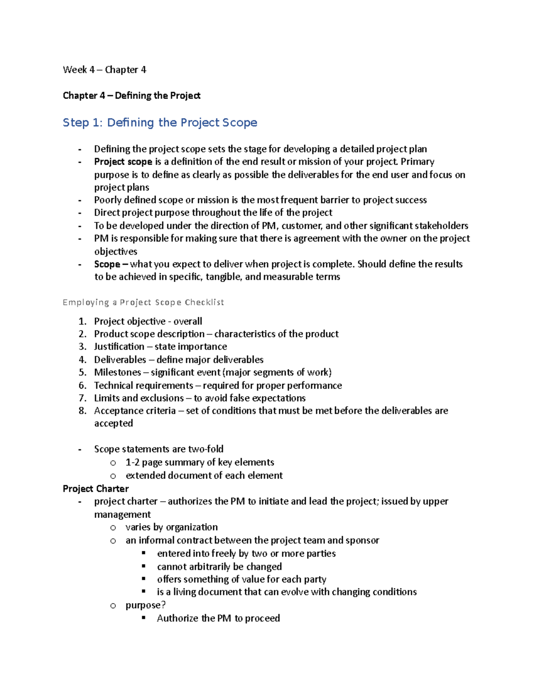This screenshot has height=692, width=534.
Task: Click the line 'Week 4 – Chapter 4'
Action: click(x=105, y=70)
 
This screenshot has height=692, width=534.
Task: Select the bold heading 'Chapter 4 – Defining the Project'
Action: click(x=132, y=95)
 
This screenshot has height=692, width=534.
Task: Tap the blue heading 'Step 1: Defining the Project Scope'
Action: click(x=160, y=123)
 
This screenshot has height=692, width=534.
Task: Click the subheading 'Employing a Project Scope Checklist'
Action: click(x=143, y=302)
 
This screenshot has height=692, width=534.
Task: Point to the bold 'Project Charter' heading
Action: click(x=96, y=488)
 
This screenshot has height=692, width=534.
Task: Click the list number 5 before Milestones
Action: click(x=82, y=373)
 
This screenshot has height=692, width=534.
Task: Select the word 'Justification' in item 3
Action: click(x=119, y=347)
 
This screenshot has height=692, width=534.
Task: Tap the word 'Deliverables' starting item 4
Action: click(x=120, y=360)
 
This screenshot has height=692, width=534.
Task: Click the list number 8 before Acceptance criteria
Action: click(x=82, y=411)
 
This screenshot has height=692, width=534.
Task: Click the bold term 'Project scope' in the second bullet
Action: click(x=123, y=162)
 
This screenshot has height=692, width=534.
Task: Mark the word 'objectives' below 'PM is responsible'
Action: click(x=116, y=251)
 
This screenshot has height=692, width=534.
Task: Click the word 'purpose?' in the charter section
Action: click(x=146, y=605)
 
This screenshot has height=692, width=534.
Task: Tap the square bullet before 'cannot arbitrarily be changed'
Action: click(x=144, y=566)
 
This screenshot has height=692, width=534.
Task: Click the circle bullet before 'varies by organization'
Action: click(x=113, y=528)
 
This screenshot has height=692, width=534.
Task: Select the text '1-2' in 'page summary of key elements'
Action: click(x=132, y=463)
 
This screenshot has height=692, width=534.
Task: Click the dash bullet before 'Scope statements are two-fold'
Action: click(x=80, y=449)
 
